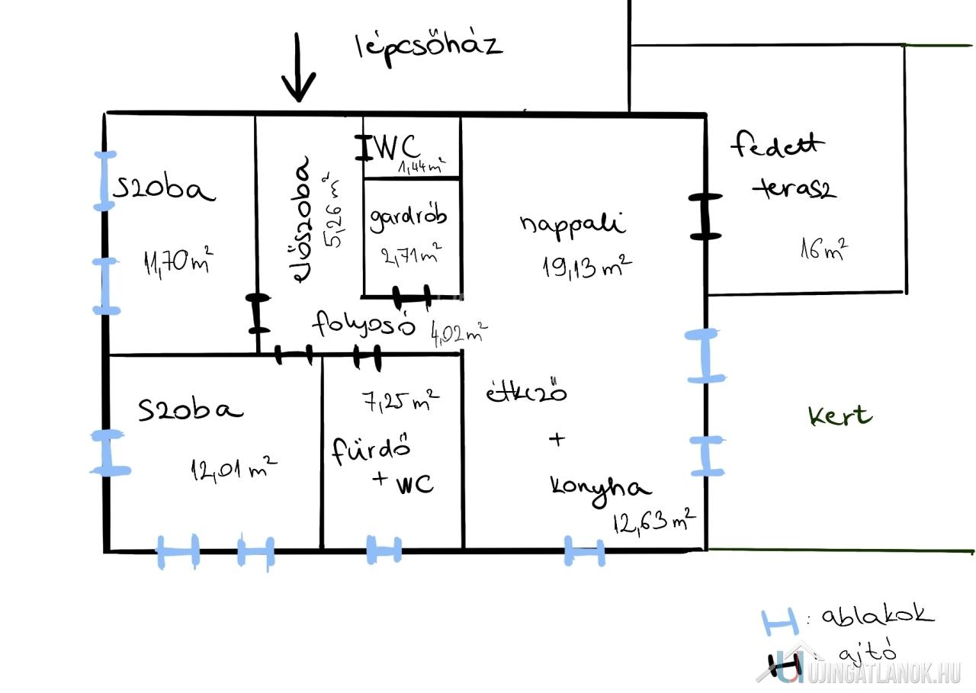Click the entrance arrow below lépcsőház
[298, 68]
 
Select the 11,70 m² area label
[178, 261]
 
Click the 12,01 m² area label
[233, 469]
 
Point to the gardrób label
[408, 218]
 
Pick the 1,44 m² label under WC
[422, 166]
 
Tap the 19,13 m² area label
[587, 267]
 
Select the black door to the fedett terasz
[705, 217]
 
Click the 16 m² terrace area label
[824, 249]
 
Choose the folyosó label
[364, 325]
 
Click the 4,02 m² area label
[459, 333]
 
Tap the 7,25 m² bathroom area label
[401, 401]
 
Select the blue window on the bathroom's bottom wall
[384, 550]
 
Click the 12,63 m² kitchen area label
[654, 521]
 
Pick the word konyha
[600, 490]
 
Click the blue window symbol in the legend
[780, 623]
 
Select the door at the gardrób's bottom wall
[412, 297]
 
